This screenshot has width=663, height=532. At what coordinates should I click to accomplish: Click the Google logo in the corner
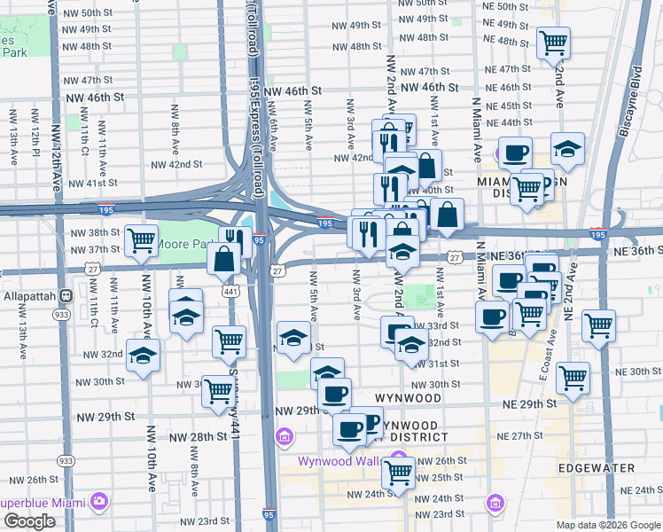point(29,521)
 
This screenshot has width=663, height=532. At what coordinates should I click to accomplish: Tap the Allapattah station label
point(33,295)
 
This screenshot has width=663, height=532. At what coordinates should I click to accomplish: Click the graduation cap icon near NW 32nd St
point(142,355)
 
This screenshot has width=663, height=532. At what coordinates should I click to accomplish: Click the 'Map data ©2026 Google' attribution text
point(607,525)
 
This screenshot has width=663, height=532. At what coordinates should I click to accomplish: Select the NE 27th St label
point(519,436)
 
